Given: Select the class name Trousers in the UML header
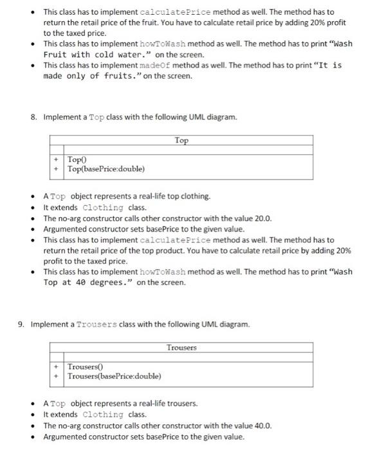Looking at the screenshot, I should tap(182, 348).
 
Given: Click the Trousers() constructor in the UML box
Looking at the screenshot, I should tap(89, 366).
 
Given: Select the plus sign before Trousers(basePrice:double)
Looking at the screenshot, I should tap(57, 376).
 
